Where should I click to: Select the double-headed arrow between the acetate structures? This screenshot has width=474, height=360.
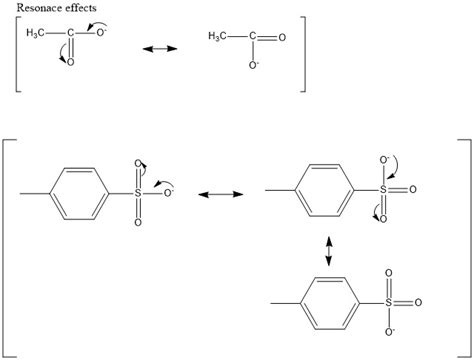158,48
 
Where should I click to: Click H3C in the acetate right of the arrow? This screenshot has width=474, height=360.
219,37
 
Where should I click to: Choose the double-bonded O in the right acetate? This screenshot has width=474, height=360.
282,37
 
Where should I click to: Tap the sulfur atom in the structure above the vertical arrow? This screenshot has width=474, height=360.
380,187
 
